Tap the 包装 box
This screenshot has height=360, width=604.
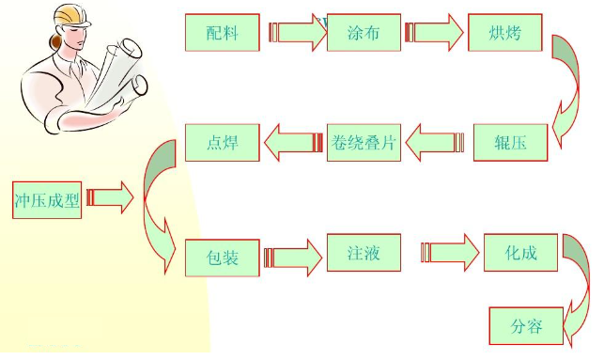pyautogui.click(x=222, y=256)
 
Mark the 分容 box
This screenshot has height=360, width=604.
pyautogui.click(x=526, y=326)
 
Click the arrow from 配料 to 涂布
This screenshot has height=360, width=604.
pyautogui.click(x=296, y=33)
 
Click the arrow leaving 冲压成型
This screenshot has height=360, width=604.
pyautogui.click(x=111, y=198)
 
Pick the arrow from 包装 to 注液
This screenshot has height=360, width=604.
pyautogui.click(x=293, y=256)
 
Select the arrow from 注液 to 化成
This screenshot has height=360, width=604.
pyautogui.click(x=449, y=253)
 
